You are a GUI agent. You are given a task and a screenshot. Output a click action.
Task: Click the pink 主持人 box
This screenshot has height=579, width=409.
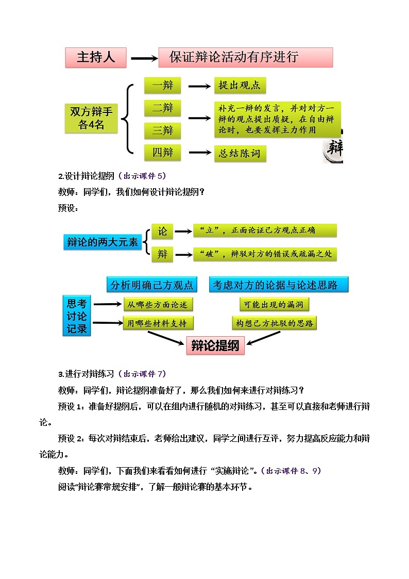click(x=96, y=57)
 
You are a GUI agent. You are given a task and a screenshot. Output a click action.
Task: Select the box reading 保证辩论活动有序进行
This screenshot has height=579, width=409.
click(x=245, y=57)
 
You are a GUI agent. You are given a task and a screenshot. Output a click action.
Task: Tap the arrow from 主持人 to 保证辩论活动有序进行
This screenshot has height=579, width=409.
click(x=144, y=58)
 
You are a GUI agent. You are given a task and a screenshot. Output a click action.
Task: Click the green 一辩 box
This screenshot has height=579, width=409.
click(x=162, y=86)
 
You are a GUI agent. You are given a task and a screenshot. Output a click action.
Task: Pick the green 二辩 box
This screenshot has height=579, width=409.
click(x=162, y=108)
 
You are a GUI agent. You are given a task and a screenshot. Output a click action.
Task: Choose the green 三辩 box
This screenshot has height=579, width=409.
click(x=162, y=130)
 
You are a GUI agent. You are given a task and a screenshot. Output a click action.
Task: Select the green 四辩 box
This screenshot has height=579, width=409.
click(x=162, y=153)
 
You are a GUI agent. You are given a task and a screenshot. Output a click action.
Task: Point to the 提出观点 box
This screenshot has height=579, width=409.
click(x=240, y=86)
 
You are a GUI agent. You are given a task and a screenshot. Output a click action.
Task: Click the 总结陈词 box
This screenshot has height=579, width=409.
click(x=240, y=153)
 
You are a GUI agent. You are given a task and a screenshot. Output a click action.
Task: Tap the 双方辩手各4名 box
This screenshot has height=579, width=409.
click(x=91, y=118)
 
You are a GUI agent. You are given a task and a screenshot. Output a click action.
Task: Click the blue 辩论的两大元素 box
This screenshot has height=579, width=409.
click(x=103, y=242)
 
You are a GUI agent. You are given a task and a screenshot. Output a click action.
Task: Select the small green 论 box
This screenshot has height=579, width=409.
click(x=162, y=231)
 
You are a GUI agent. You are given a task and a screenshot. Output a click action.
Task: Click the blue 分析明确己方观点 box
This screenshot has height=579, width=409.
click(x=152, y=285)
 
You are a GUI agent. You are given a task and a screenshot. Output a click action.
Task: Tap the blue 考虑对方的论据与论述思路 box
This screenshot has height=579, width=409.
click(x=278, y=285)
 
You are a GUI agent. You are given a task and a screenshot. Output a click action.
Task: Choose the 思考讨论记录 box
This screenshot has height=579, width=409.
click(x=77, y=316)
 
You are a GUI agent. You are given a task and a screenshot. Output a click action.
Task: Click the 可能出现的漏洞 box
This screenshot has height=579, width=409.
click(x=274, y=305)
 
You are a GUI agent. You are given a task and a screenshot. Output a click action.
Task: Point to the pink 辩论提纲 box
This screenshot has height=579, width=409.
click(x=215, y=346)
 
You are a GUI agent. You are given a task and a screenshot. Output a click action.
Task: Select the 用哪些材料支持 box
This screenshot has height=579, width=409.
click(x=158, y=323)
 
